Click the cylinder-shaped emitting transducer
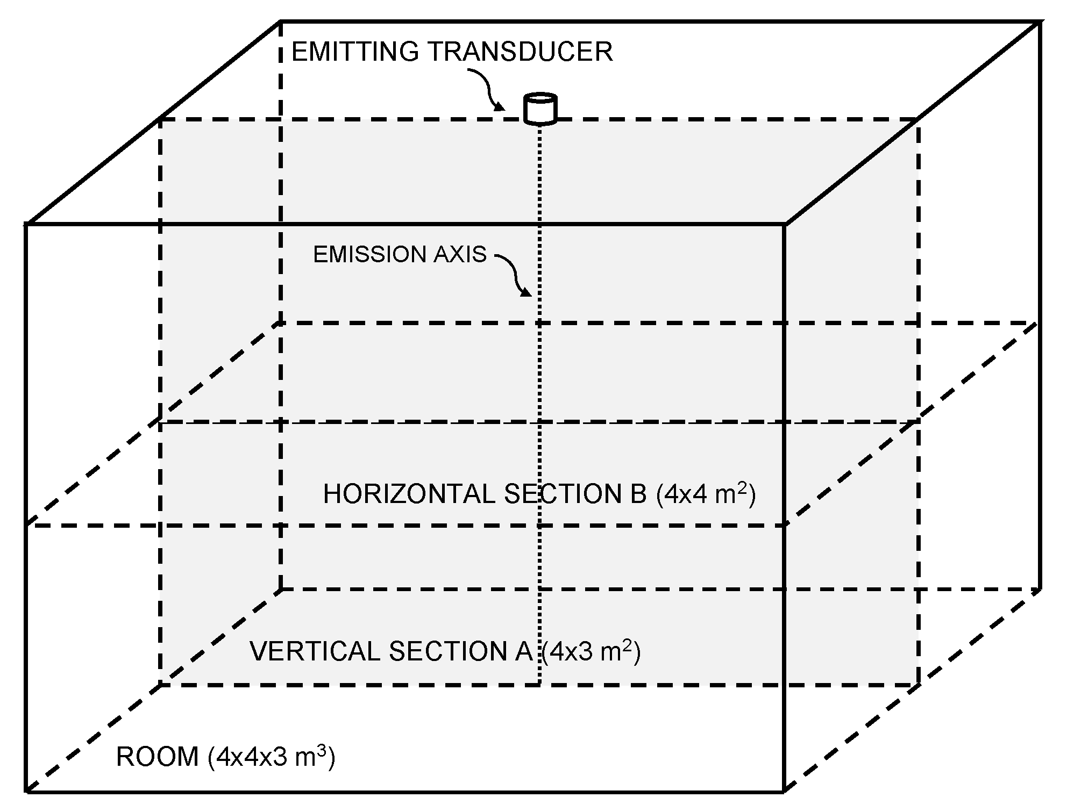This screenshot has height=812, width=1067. (x=540, y=109)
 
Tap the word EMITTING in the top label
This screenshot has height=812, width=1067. (x=354, y=52)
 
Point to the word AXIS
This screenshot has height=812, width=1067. (x=460, y=254)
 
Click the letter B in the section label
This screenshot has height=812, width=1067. (x=638, y=494)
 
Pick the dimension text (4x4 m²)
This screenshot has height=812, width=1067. (x=706, y=494)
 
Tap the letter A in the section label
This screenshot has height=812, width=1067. (x=523, y=651)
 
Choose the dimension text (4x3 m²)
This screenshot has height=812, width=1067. (x=591, y=651)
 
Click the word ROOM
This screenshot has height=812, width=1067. (x=157, y=757)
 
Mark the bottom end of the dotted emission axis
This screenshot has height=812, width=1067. (x=539, y=684)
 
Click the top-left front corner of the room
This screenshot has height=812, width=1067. (x=26, y=224)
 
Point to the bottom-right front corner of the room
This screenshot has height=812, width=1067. (x=784, y=791)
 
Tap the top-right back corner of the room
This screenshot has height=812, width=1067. (x=1039, y=22)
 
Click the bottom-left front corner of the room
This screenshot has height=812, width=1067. (x=26, y=791)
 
